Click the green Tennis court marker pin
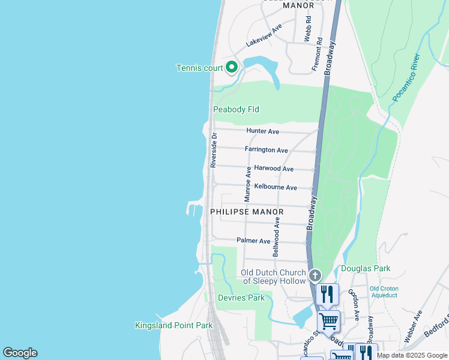click(x=232, y=67)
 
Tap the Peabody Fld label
click(x=236, y=109)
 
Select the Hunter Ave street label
click(x=262, y=131)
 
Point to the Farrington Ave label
click(x=266, y=149)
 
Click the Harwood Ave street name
click(x=273, y=169)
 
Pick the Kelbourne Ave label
click(x=275, y=187)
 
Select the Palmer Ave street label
click(x=253, y=241)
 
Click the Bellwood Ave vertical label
click(x=276, y=237)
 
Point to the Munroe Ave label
click(x=247, y=184)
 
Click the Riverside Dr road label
click(x=213, y=150)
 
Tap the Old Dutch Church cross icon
click(x=315, y=275)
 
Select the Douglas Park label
click(x=366, y=268)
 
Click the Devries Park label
click(x=240, y=298)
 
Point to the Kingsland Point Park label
click(x=173, y=325)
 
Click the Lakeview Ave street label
click(x=264, y=36)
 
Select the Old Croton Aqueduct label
click(x=384, y=292)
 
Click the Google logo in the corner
click(x=20, y=352)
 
